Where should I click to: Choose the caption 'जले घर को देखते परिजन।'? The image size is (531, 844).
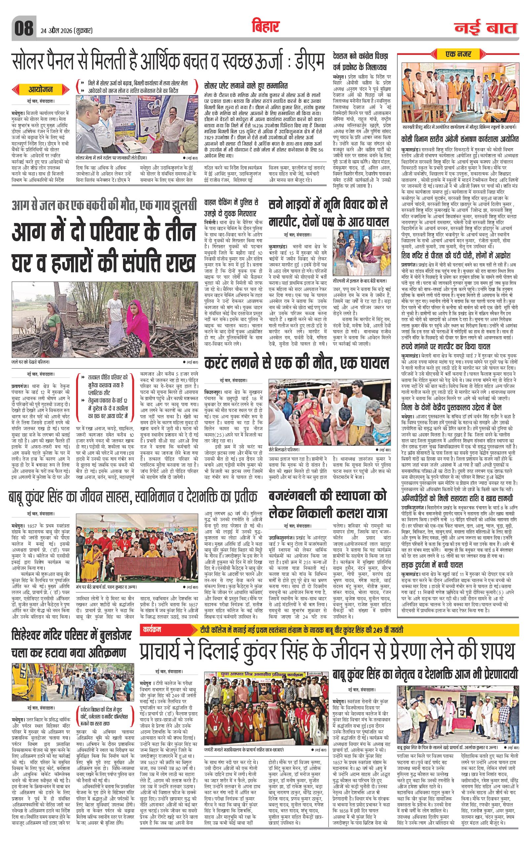(x=30, y=361)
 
